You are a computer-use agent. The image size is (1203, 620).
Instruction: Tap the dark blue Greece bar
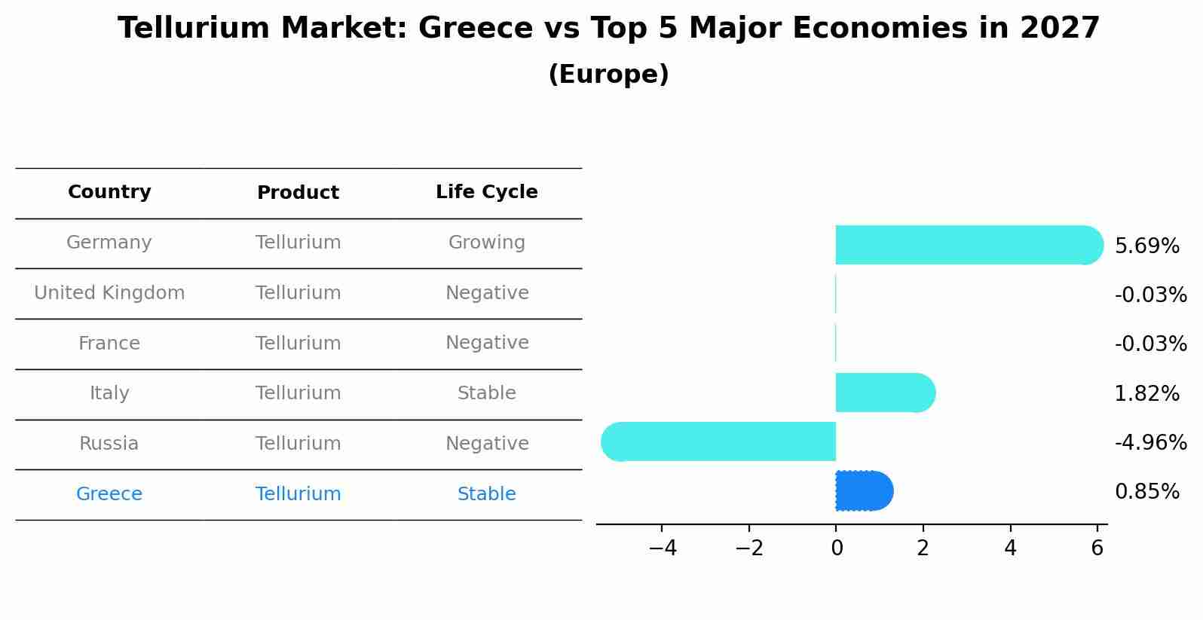tap(864, 491)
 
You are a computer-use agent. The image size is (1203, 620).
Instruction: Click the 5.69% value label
tap(1146, 246)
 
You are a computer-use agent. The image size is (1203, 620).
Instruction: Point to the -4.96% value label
tap(1150, 443)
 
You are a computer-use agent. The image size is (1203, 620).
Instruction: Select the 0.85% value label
tap(1146, 492)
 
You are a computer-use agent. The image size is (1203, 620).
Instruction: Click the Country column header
tap(109, 192)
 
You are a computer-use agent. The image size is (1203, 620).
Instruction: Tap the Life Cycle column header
tap(486, 192)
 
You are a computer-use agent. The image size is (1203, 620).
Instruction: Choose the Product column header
tap(298, 193)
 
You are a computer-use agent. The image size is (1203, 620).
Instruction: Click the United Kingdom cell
tap(109, 293)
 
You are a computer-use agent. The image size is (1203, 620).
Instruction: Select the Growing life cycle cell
tap(486, 243)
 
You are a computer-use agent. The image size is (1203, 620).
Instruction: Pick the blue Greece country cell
tap(109, 494)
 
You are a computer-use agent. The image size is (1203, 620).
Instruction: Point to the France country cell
tap(109, 344)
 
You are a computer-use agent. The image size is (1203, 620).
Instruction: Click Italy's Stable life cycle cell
tap(486, 393)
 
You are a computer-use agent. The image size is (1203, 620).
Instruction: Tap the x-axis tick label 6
tap(1097, 548)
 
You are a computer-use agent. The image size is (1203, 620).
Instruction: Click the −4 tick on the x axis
tap(662, 548)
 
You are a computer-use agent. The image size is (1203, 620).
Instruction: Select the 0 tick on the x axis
tap(836, 548)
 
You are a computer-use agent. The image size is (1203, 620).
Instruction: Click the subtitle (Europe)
tap(608, 75)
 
